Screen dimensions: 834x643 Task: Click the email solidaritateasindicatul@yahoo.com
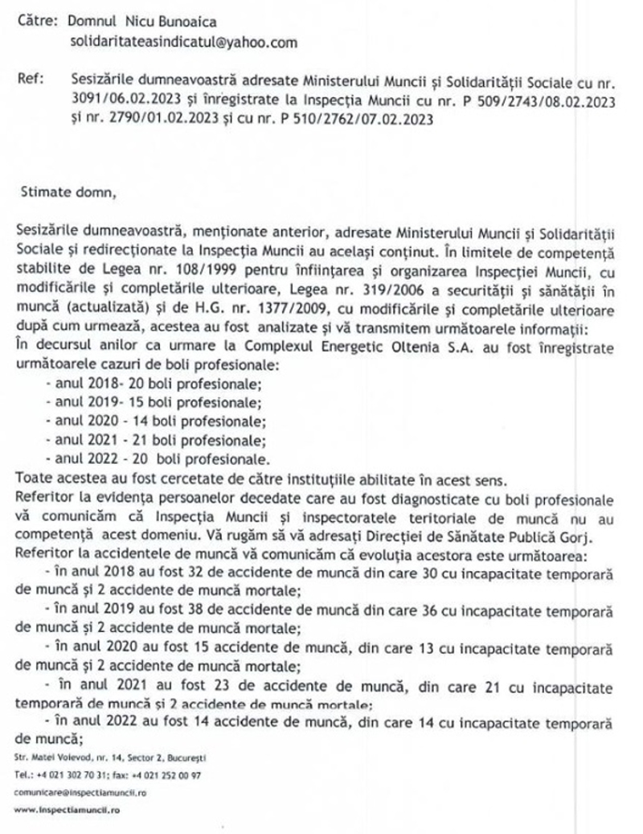click(174, 42)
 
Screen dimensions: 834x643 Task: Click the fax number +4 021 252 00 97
click(161, 775)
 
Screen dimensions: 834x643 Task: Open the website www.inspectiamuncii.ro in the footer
click(67, 811)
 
